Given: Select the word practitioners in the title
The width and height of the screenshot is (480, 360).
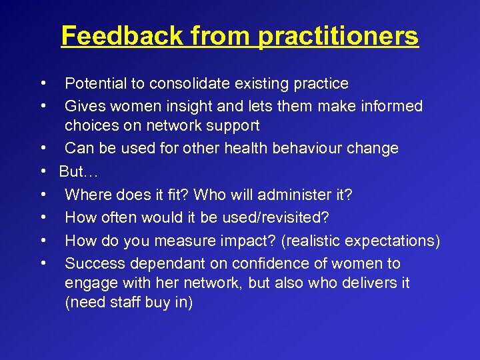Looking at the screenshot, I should pos(338,35).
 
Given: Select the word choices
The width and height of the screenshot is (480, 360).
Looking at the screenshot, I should pos(89,125).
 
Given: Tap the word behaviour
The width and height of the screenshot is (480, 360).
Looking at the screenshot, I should pos(311,148).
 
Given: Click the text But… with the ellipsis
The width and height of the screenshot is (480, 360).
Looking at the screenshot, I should pos(79,171).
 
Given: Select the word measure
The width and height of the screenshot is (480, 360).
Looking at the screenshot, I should pos(183,241).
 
